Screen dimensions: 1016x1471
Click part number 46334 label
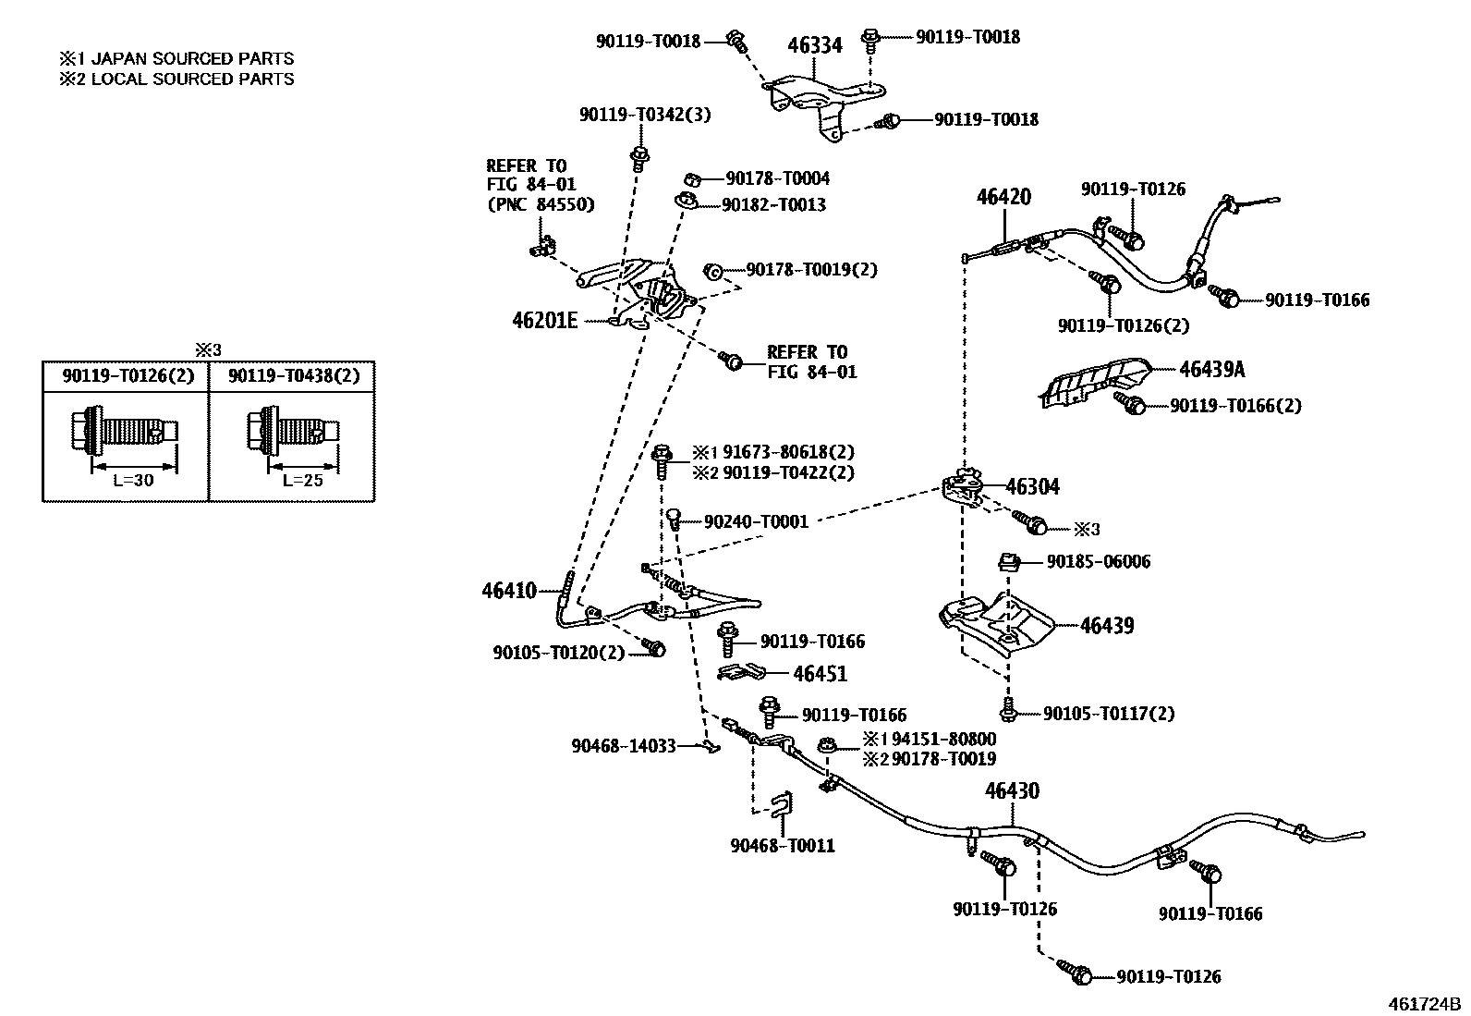pos(814,45)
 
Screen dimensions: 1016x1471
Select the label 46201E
pos(545,321)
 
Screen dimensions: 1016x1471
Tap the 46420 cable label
pos(1003,197)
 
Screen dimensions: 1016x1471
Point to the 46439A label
pos(1211,370)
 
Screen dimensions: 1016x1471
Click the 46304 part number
pos(1032,487)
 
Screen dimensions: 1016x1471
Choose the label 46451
pos(820,674)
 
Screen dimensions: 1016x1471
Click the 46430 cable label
pos(1012,791)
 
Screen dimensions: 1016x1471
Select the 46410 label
pos(508,590)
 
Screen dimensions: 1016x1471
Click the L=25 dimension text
pos(302,481)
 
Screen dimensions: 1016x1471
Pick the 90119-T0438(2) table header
pos(294,375)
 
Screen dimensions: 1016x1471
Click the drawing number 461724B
pos(1424,1004)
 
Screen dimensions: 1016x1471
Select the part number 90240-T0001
pos(756,522)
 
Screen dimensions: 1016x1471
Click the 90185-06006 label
pos(1098,562)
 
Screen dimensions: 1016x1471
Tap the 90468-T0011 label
pos(782,846)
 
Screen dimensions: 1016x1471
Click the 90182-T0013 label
pos(773,204)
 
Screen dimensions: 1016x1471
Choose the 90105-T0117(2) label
pos(1109,714)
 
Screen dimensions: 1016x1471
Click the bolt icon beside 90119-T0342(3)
pos(637,156)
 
